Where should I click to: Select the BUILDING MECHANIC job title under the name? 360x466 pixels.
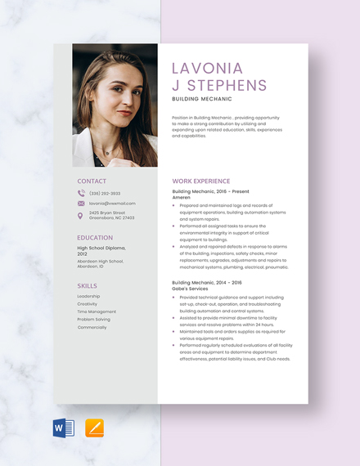point(202,98)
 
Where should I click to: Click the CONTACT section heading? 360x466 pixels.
point(92,181)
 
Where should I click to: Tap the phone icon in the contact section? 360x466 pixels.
point(81,194)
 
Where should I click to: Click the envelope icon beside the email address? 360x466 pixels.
point(81,204)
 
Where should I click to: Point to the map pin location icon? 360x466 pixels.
point(80,216)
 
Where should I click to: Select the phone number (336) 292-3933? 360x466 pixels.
point(105,194)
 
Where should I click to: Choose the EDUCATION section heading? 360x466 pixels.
point(95,238)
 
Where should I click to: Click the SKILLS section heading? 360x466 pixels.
point(87,285)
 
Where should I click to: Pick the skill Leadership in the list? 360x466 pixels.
point(88,296)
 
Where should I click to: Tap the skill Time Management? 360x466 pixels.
point(97,311)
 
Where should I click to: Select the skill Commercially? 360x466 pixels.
point(92,327)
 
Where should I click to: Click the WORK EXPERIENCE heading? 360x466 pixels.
point(201,181)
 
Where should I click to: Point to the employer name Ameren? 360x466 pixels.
point(181,198)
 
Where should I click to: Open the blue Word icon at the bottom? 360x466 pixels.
point(63,428)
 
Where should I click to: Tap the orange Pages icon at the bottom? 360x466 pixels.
point(95,428)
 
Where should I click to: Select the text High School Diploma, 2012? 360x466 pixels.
point(101,250)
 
